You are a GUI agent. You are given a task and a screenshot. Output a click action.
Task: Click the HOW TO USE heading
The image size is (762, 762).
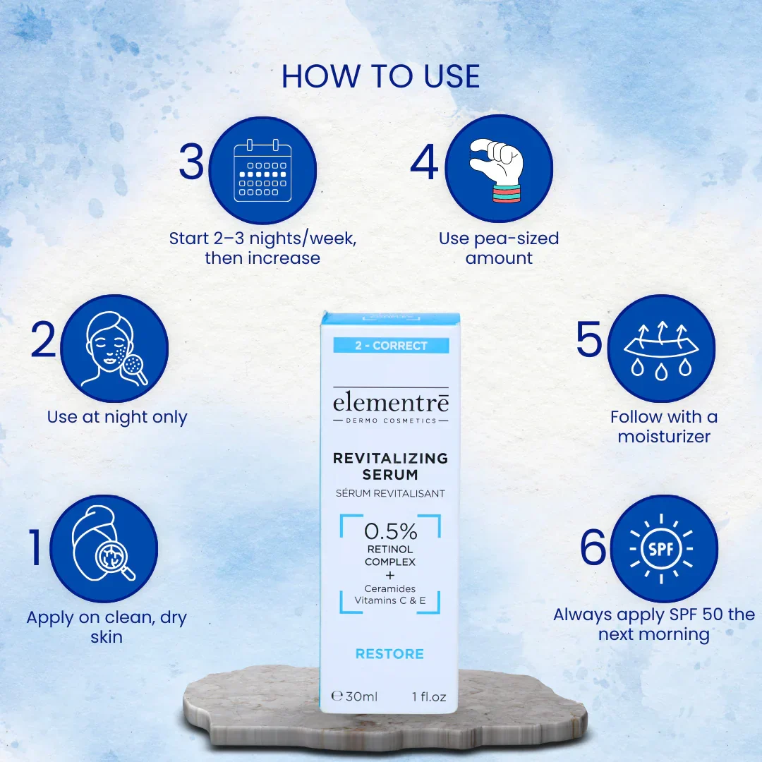coord(380,76)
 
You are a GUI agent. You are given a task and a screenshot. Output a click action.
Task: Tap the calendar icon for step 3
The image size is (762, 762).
coord(262,171)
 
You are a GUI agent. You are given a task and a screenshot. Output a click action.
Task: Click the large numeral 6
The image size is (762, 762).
coord(593,548)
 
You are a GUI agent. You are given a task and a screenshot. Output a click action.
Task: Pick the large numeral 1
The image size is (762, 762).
coord(35,548)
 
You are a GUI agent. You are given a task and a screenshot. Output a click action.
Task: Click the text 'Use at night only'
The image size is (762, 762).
coord(117,417)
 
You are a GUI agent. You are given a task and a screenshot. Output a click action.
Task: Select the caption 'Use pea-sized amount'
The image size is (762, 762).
coord(499,248)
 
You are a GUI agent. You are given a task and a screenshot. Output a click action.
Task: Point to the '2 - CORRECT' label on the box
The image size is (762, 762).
coord(391,346)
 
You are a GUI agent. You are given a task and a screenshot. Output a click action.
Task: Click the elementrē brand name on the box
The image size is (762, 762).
coord(391,402)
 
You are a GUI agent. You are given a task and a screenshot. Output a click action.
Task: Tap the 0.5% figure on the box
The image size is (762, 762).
coord(391,532)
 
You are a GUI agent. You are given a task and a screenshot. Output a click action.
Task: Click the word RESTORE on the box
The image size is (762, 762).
coord(389,653)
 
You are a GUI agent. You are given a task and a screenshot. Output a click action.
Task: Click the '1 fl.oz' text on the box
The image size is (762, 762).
coord(429,697)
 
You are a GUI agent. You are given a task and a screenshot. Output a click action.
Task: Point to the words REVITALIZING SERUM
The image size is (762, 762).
coord(390,466)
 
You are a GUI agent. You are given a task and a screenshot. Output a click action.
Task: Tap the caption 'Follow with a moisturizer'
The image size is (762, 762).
coord(664,427)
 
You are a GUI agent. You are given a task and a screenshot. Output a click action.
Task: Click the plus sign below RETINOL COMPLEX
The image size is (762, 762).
coord(390,576)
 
